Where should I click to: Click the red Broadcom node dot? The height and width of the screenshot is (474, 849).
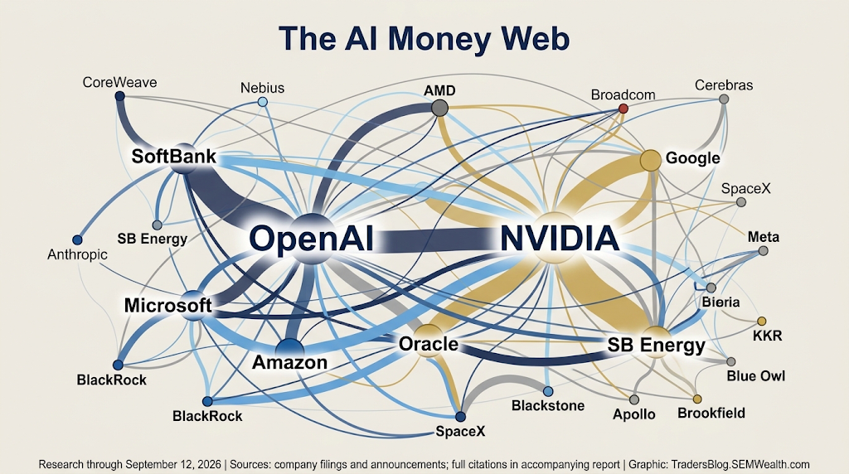[x=623, y=109]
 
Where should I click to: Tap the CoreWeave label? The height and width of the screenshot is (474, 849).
[x=119, y=82]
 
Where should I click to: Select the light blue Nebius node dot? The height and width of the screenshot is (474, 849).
[x=263, y=102]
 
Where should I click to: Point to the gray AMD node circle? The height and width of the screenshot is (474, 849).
[x=440, y=108]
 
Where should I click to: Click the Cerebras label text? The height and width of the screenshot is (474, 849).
[x=724, y=85]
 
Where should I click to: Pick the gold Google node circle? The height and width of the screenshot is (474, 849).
[x=651, y=160]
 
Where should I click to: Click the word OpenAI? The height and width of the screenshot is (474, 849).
[x=312, y=239]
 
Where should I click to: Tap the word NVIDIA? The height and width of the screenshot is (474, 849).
[x=560, y=239]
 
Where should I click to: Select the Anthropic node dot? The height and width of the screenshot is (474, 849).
[x=77, y=239]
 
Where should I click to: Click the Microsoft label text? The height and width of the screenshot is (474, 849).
[x=167, y=305]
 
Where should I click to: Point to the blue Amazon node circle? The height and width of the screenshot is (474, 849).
[x=289, y=349]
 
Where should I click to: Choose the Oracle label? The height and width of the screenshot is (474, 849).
[x=429, y=344]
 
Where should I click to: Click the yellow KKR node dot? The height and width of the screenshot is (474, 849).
[x=762, y=321]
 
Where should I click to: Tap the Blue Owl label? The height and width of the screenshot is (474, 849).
[x=756, y=376]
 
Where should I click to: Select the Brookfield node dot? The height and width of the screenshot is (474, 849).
[x=697, y=399]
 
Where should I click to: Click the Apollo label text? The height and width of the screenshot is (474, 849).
[x=634, y=414]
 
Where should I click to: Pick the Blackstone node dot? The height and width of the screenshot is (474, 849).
[x=548, y=391]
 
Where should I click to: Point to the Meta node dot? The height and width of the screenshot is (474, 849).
[x=764, y=251]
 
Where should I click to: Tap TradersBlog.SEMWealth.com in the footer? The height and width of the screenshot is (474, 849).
[x=740, y=464]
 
